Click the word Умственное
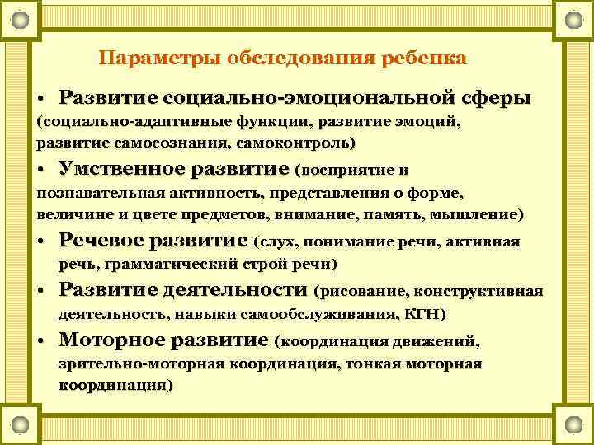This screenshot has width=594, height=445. point(121,170)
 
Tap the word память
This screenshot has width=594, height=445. point(398,214)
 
